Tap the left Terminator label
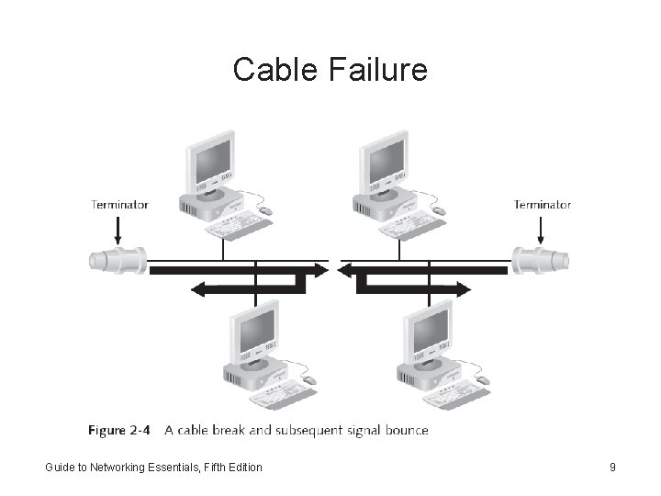pyautogui.click(x=119, y=205)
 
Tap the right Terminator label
pyautogui.click(x=542, y=205)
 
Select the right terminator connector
pyautogui.click(x=541, y=260)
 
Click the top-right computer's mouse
pyautogui.click(x=440, y=211)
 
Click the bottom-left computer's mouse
pyautogui.click(x=309, y=380)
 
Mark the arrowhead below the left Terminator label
pyautogui.click(x=119, y=240)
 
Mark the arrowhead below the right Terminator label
pyautogui.click(x=542, y=240)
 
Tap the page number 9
pyautogui.click(x=612, y=468)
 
